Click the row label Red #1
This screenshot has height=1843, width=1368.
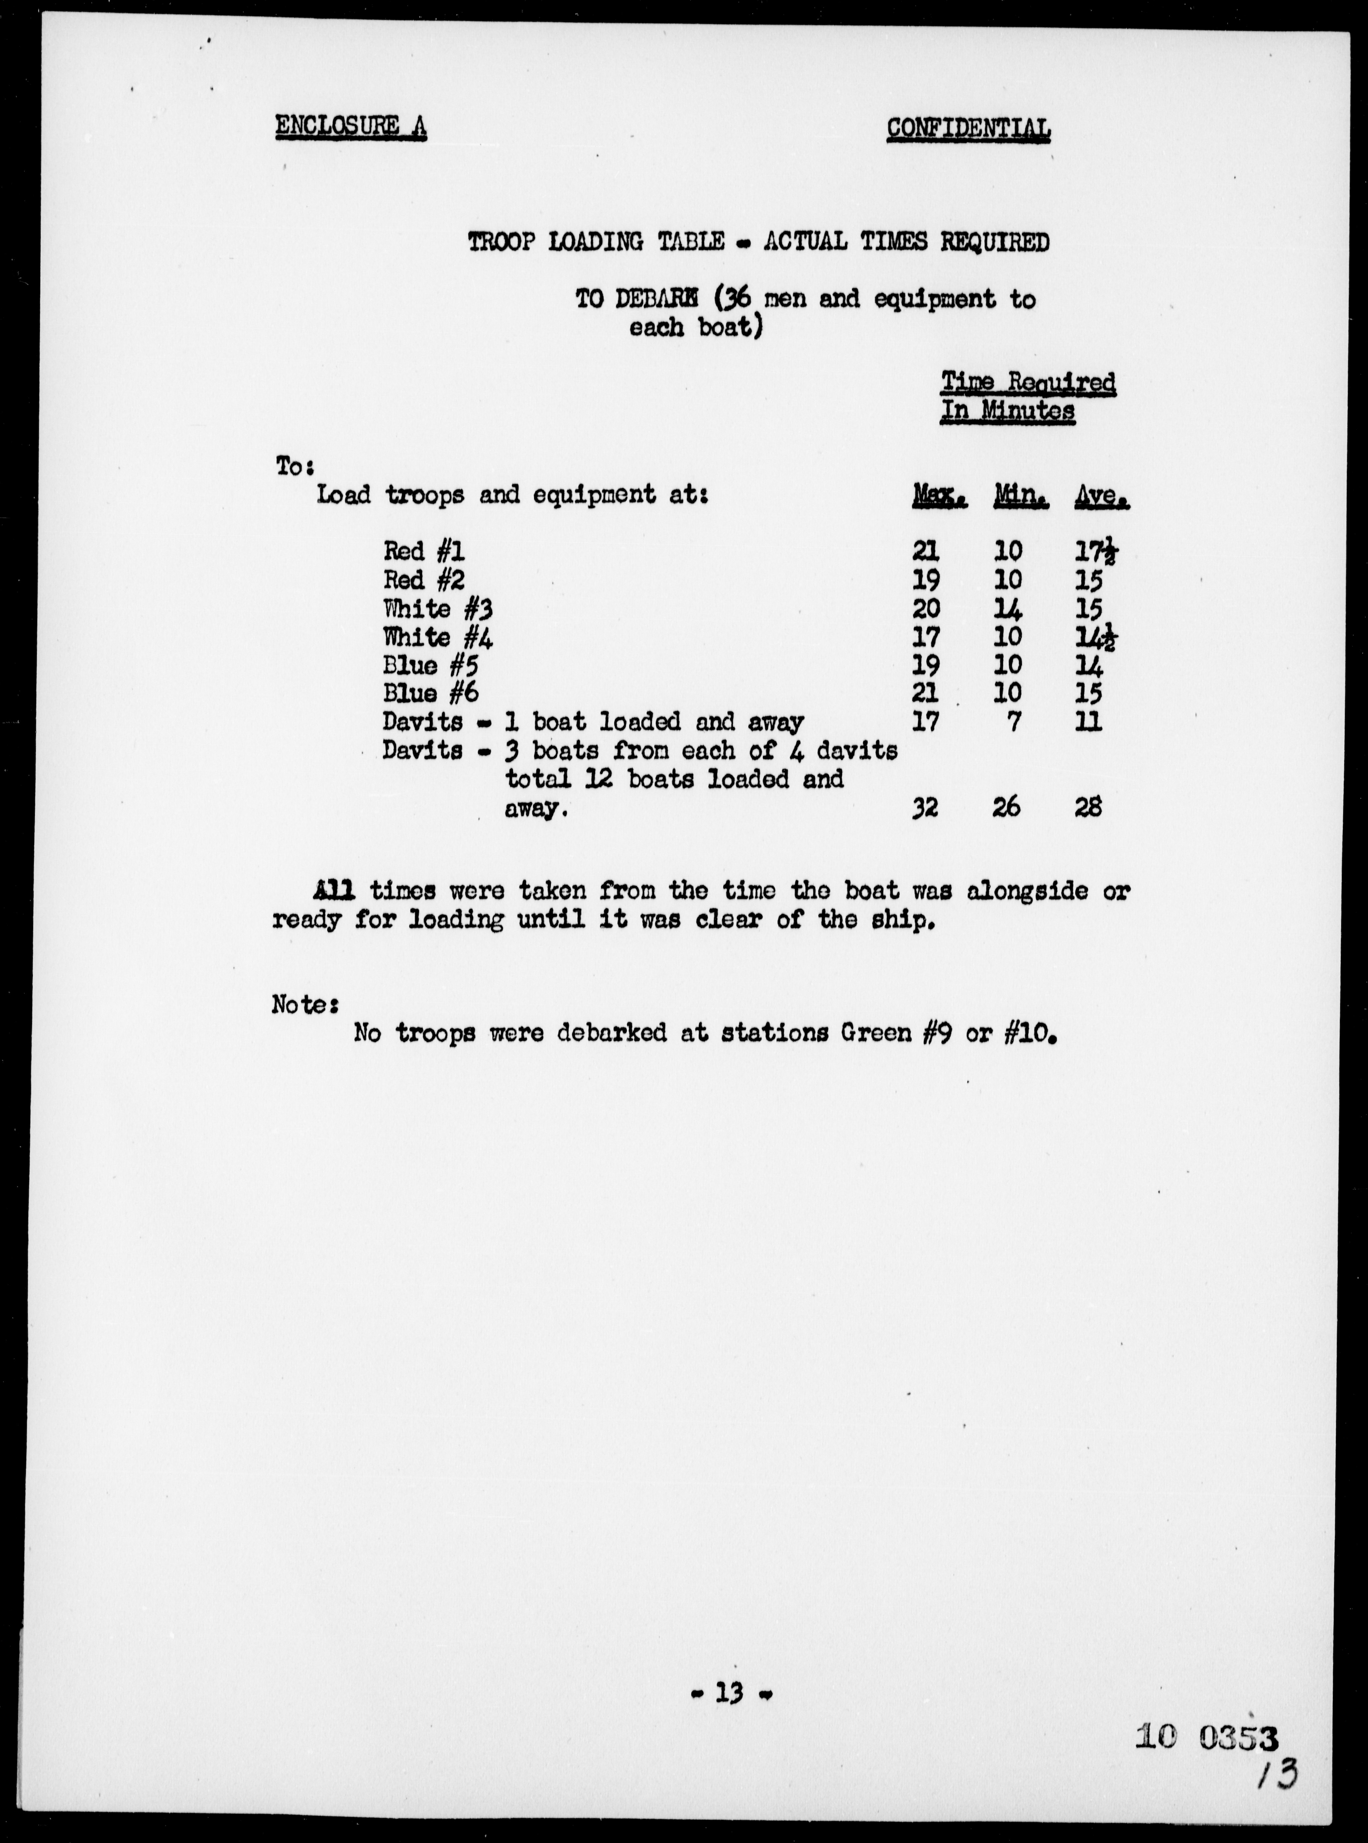pyautogui.click(x=423, y=551)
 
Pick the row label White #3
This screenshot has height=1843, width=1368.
pyautogui.click(x=437, y=609)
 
